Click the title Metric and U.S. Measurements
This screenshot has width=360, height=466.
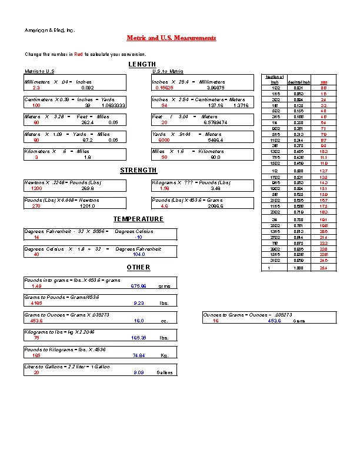[171, 38]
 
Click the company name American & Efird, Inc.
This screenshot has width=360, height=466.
[49, 30]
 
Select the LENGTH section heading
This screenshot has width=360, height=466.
[142, 64]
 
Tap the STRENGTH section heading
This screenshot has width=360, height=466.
[138, 171]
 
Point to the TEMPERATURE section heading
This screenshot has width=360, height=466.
[138, 219]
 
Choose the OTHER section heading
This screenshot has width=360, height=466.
[138, 268]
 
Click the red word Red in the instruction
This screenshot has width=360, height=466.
[78, 54]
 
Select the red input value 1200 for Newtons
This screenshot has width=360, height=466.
[36, 189]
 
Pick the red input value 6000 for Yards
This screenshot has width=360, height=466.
[164, 141]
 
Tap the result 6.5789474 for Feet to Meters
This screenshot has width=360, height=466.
[215, 123]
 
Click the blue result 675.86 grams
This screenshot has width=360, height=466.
[138, 286]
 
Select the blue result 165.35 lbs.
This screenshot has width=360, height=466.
[139, 338]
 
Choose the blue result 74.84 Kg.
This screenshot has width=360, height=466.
[139, 356]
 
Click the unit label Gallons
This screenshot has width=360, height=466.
[165, 373]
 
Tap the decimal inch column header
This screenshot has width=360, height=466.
[296, 82]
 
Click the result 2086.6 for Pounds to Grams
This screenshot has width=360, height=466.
[215, 207]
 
